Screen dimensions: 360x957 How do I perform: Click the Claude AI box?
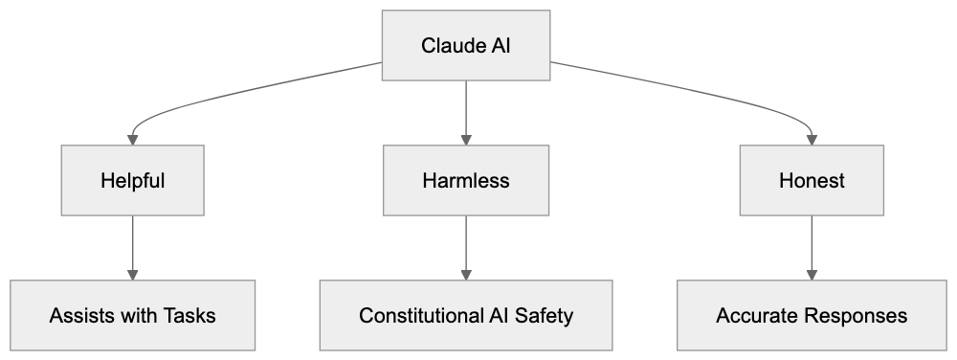(x=466, y=46)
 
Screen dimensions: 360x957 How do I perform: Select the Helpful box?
(x=133, y=180)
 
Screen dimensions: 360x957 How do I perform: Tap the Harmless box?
(x=466, y=180)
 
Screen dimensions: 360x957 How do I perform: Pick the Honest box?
(x=812, y=180)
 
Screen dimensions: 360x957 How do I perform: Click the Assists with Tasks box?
(x=133, y=315)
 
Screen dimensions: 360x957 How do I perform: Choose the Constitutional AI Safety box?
(x=466, y=315)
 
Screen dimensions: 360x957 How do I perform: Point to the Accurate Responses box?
(x=812, y=315)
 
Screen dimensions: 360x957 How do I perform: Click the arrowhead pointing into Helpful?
(x=133, y=139)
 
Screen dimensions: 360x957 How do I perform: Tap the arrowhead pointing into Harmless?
(x=466, y=139)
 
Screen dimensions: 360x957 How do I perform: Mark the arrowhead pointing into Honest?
(x=812, y=139)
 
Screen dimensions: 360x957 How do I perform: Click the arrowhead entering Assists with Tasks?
(x=133, y=274)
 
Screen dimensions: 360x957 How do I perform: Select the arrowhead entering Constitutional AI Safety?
(x=466, y=274)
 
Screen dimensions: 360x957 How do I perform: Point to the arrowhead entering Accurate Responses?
(x=812, y=274)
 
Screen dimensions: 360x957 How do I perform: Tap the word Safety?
(x=546, y=315)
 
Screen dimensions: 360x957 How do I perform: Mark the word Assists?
(x=81, y=315)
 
